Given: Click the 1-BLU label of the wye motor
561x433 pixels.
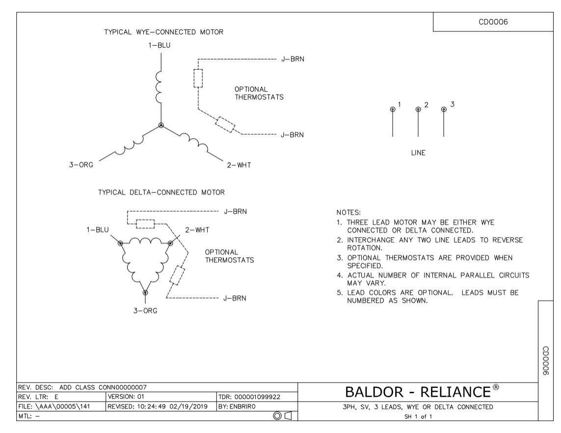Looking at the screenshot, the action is (159, 46).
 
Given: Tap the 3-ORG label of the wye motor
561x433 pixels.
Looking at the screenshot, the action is (81, 165).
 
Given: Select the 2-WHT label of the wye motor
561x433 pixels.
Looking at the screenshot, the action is (239, 165).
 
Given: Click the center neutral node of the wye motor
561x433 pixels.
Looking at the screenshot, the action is (161, 125).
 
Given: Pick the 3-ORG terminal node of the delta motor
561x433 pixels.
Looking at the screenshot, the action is (145, 293).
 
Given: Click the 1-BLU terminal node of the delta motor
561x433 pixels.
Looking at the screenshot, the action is (121, 244).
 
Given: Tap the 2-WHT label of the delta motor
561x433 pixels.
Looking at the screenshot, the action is (197, 230).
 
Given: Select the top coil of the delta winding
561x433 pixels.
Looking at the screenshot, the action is (145, 241).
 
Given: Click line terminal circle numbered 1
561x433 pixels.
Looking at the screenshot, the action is (393, 109).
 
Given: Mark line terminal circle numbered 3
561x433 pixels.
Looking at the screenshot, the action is (444, 109).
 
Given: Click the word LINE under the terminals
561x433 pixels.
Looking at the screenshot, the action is (418, 153).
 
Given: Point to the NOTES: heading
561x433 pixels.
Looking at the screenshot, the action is (348, 213).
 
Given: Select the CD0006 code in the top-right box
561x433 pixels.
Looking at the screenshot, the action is (493, 22).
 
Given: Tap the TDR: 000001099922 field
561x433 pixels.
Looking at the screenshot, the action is (249, 397).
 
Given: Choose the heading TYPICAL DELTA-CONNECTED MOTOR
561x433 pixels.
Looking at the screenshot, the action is (161, 192).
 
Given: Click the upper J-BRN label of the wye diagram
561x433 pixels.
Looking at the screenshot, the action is (293, 59).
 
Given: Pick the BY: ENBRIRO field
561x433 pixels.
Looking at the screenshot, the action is (237, 406).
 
